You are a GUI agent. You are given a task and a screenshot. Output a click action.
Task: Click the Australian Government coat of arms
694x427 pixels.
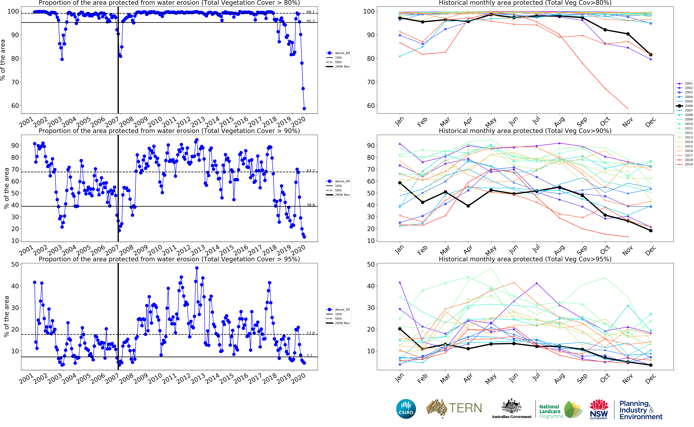[511, 406]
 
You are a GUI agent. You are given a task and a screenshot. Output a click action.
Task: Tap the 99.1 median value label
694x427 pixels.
[310, 12]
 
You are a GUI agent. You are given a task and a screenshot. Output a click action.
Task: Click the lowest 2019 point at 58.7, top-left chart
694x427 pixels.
[304, 108]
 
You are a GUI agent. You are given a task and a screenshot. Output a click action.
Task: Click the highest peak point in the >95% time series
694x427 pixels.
[197, 268]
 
